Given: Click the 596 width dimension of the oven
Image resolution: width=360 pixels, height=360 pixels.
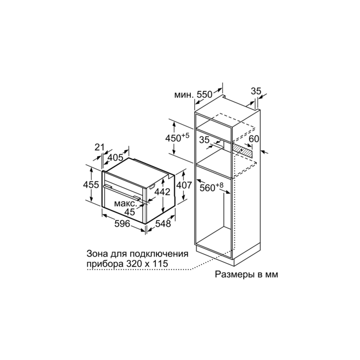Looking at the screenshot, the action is (122, 223).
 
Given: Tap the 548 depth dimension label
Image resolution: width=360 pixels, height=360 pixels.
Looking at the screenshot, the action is (163, 223).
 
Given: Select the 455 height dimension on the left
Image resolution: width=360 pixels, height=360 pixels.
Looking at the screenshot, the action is (91, 184).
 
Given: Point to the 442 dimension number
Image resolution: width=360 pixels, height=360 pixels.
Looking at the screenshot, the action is (162, 192).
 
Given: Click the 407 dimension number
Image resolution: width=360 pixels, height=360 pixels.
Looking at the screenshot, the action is (184, 185).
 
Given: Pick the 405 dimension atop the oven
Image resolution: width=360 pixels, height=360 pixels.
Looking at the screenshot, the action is (116, 157).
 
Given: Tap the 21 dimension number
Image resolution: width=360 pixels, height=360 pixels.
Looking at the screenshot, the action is (100, 147).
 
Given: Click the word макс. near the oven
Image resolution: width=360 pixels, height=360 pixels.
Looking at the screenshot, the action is (125, 204).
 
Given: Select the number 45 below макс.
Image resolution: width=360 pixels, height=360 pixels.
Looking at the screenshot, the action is (130, 212).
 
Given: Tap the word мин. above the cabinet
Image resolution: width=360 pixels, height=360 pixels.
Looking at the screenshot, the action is (184, 95).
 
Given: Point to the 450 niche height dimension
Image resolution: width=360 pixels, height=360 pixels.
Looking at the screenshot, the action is (177, 138).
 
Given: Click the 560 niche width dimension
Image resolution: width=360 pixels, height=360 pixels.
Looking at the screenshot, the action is (211, 187).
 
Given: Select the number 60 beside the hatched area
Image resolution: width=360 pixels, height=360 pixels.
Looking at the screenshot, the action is (254, 139).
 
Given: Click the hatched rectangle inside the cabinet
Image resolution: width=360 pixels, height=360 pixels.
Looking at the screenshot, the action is (243, 150).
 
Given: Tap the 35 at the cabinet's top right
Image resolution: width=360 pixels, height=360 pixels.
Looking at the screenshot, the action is (256, 91).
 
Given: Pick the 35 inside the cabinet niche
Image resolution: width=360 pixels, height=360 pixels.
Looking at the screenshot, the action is (204, 140).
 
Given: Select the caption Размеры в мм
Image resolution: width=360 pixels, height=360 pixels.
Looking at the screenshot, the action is (246, 274).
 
